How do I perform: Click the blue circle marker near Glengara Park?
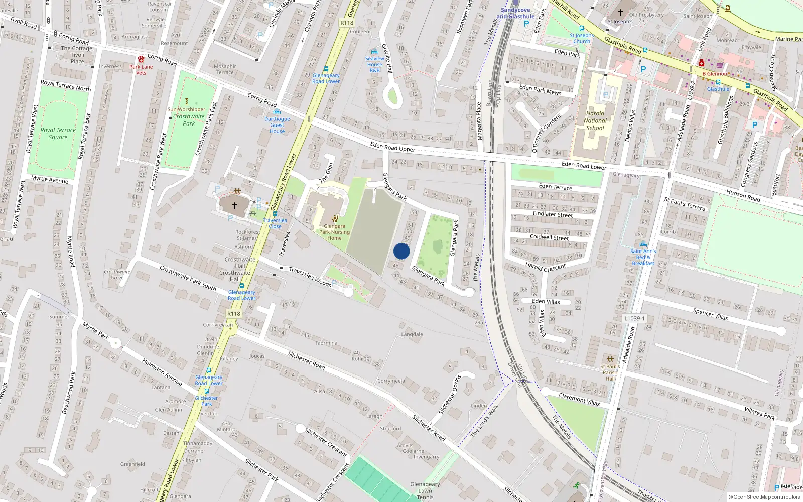coord(401,251)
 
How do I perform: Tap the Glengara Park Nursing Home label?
coord(334,232)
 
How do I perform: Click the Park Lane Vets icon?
coord(141,59)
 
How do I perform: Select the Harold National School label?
coord(595,120)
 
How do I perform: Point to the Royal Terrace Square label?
coord(58,133)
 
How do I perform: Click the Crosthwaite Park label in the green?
coord(189,120)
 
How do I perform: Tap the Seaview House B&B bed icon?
coord(374,52)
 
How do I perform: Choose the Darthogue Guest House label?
coord(277,125)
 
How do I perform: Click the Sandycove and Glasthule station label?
coord(515,13)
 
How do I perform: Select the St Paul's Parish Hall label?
coord(610,372)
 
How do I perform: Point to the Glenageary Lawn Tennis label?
coord(425,490)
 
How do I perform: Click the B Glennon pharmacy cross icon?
coord(702,63)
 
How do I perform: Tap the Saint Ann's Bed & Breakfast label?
coord(643,257)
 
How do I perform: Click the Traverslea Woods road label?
coord(310,277)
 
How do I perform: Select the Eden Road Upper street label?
coord(392,147)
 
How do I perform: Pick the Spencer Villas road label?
coord(710,314)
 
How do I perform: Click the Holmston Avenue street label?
coord(162,371)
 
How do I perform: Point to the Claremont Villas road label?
coord(579,400)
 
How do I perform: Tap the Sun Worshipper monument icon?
coord(187,102)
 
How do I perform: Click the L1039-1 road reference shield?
coord(634,318)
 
